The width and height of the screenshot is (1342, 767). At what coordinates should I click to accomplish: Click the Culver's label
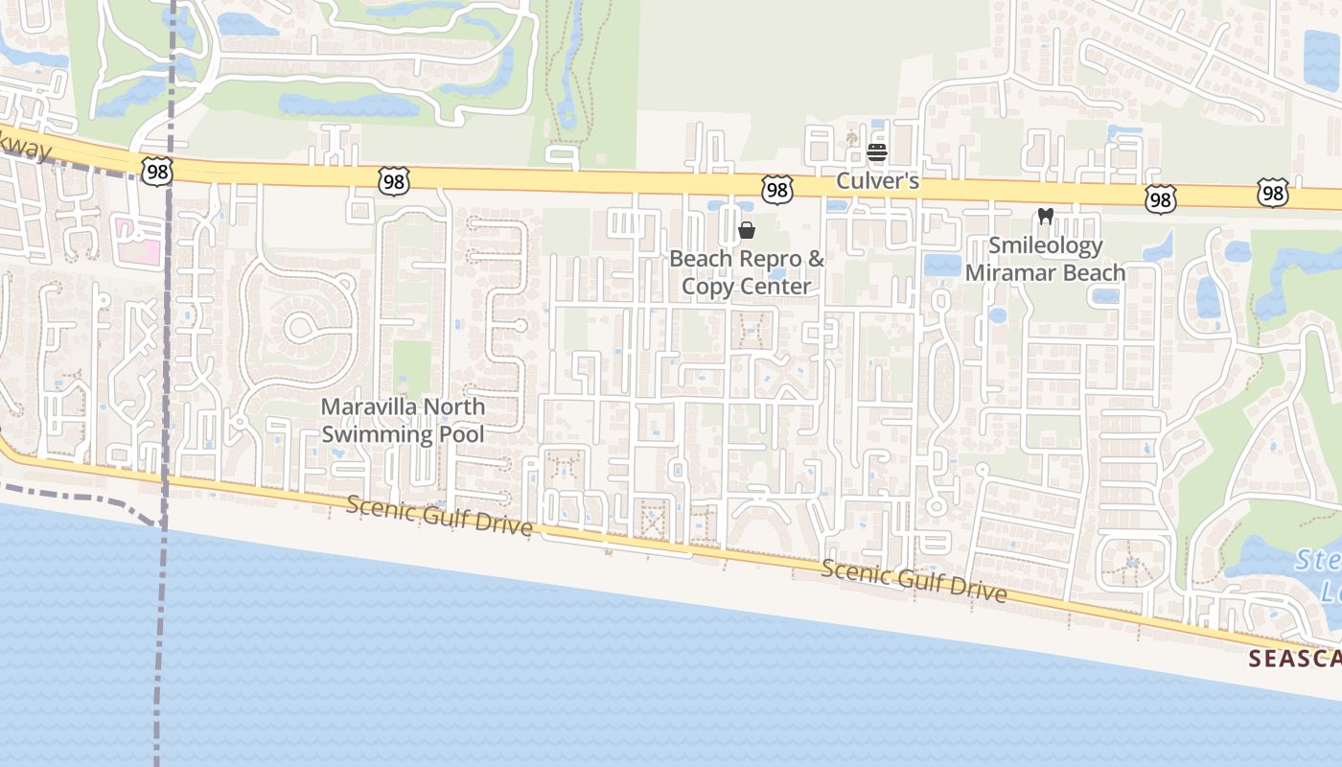tap(877, 180)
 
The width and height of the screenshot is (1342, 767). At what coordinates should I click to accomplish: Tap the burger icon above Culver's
tap(876, 152)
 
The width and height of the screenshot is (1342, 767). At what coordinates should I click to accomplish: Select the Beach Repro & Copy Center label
tap(746, 272)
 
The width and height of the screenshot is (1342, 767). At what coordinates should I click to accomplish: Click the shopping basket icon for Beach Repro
tap(747, 230)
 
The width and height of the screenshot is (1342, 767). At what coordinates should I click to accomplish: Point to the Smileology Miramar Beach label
tap(1045, 259)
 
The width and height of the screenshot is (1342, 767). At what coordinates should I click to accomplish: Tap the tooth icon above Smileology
tap(1046, 217)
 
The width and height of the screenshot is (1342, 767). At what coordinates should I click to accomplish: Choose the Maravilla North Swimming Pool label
tap(403, 420)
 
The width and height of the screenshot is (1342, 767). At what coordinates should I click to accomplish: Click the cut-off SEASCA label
tap(1294, 659)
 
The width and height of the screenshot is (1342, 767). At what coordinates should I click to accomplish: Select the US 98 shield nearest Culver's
tap(777, 190)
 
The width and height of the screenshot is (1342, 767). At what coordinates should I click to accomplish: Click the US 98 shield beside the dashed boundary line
tap(156, 171)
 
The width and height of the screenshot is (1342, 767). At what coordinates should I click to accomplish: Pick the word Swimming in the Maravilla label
tap(376, 434)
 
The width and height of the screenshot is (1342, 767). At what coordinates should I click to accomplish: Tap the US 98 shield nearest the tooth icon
tap(1161, 198)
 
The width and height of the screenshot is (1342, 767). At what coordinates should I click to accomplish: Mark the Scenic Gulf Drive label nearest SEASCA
tap(914, 581)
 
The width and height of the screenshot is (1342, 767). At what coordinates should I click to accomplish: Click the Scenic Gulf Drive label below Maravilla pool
tap(439, 516)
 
